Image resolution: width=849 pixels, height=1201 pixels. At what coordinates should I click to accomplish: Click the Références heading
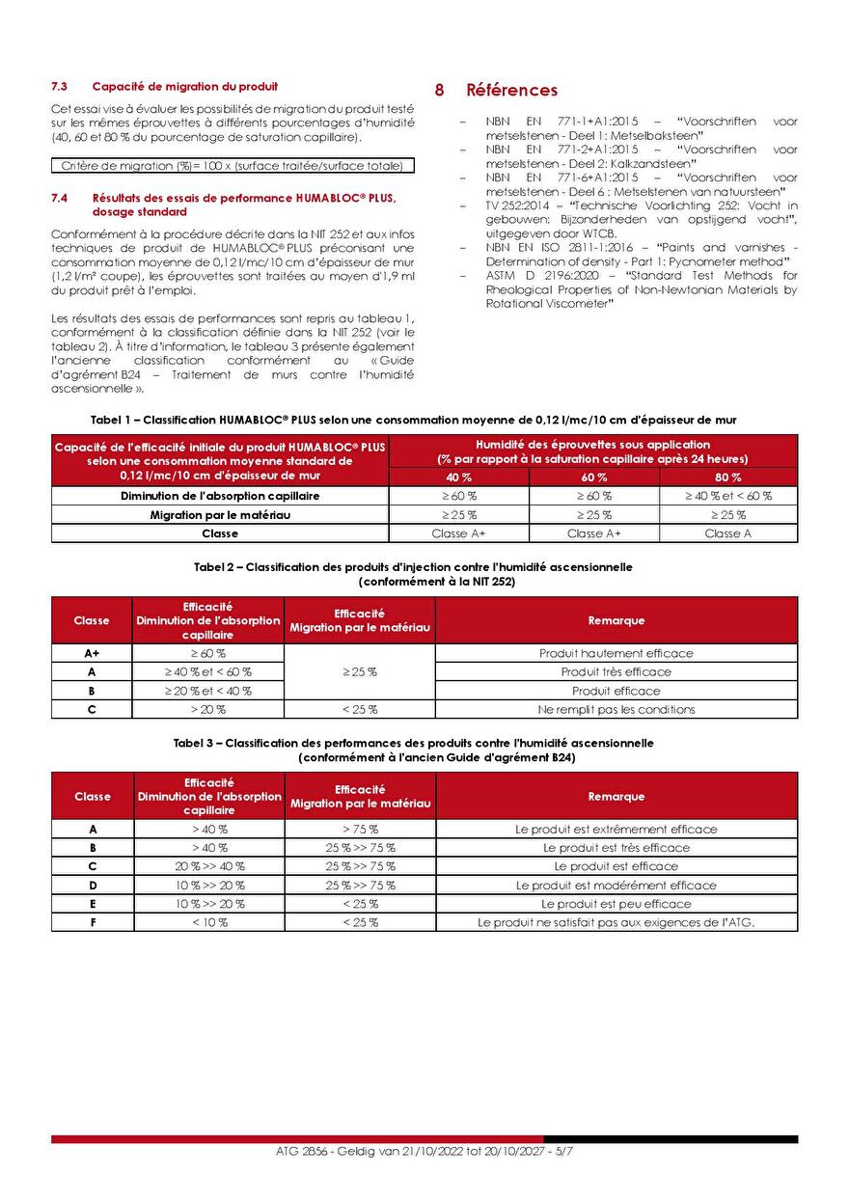pyautogui.click(x=511, y=90)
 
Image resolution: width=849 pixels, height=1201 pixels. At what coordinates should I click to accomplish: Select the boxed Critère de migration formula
pyautogui.click(x=233, y=166)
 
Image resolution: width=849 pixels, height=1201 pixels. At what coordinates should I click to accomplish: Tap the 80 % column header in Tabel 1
pyautogui.click(x=728, y=478)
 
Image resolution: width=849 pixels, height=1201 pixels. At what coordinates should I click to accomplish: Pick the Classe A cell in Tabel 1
pyautogui.click(x=728, y=533)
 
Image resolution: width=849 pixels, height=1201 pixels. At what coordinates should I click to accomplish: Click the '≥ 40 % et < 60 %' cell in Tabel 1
pyautogui.click(x=728, y=496)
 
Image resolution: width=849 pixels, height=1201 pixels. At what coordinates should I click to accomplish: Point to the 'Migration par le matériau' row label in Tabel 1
pyautogui.click(x=220, y=515)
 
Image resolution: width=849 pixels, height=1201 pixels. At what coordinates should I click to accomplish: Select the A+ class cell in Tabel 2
pyautogui.click(x=92, y=653)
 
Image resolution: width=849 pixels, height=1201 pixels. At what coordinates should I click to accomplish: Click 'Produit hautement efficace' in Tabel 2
pyautogui.click(x=616, y=653)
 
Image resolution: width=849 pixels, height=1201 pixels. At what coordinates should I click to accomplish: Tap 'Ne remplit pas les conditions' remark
pyautogui.click(x=616, y=709)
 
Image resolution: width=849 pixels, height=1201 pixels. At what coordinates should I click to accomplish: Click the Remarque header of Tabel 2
pyautogui.click(x=616, y=620)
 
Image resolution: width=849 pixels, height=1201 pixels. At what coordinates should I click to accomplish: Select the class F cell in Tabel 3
pyautogui.click(x=93, y=922)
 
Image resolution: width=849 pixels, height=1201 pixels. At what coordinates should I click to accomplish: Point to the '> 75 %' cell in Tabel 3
pyautogui.click(x=361, y=829)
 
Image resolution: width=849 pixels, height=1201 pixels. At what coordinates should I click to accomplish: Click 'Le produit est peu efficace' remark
pyautogui.click(x=616, y=904)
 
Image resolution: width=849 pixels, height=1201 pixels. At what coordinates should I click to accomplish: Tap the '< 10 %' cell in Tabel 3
pyautogui.click(x=209, y=922)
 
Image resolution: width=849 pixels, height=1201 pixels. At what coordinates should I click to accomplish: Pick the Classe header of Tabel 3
pyautogui.click(x=93, y=797)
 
